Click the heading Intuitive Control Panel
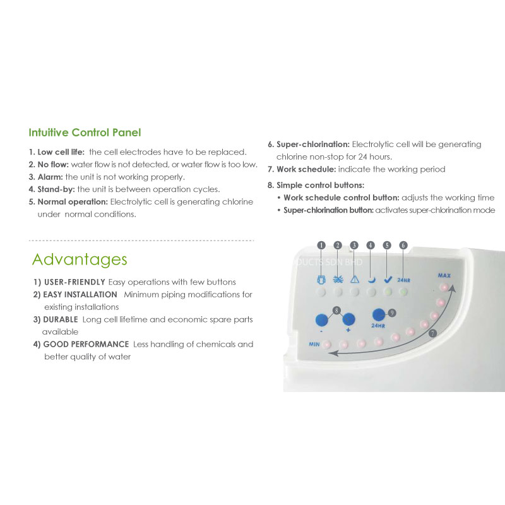pyautogui.click(x=85, y=133)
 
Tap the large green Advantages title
pyautogui.click(x=80, y=259)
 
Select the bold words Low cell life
pyautogui.click(x=61, y=152)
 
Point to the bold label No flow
pyautogui.click(x=53, y=165)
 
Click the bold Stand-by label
pyautogui.click(x=56, y=189)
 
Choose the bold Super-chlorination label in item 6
pyautogui.click(x=313, y=145)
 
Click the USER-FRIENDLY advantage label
pyautogui.click(x=74, y=282)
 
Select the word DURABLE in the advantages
pyautogui.click(x=61, y=319)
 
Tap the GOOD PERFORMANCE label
pyautogui.click(x=86, y=344)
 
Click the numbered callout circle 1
pyautogui.click(x=321, y=246)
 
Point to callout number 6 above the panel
pyautogui.click(x=403, y=246)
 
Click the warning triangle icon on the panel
pyautogui.click(x=355, y=279)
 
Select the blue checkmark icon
pyautogui.click(x=388, y=280)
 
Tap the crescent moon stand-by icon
pyautogui.click(x=372, y=280)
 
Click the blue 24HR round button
pyautogui.click(x=379, y=315)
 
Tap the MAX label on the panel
pyautogui.click(x=444, y=276)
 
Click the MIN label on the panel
pyautogui.click(x=314, y=344)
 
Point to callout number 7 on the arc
pyautogui.click(x=432, y=333)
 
